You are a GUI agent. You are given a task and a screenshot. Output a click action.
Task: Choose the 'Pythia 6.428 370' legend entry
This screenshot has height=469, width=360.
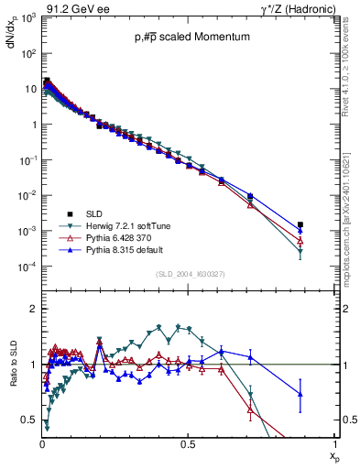[117, 236]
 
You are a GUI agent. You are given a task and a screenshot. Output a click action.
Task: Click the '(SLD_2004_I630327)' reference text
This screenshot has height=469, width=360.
[188, 274]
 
